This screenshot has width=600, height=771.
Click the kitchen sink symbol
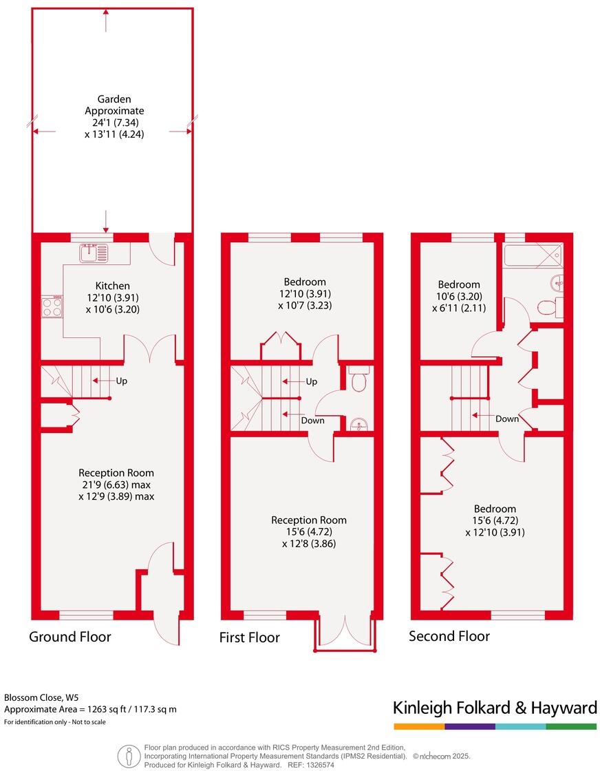point(94,253)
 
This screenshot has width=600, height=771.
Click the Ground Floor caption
point(69,637)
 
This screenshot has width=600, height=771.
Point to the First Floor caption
point(249,638)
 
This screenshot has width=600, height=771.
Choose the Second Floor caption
point(449,636)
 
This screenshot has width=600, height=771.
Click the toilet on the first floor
point(358,379)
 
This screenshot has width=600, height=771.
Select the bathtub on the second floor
point(533,255)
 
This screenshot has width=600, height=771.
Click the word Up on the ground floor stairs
point(120,381)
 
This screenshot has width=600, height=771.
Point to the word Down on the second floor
point(507,419)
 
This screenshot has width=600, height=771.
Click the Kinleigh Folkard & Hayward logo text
point(494,708)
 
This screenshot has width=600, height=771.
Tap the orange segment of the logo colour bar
point(418,726)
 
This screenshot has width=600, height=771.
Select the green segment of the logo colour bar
point(571,726)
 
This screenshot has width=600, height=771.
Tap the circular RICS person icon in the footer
point(129,756)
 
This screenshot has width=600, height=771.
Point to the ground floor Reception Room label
point(116,473)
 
